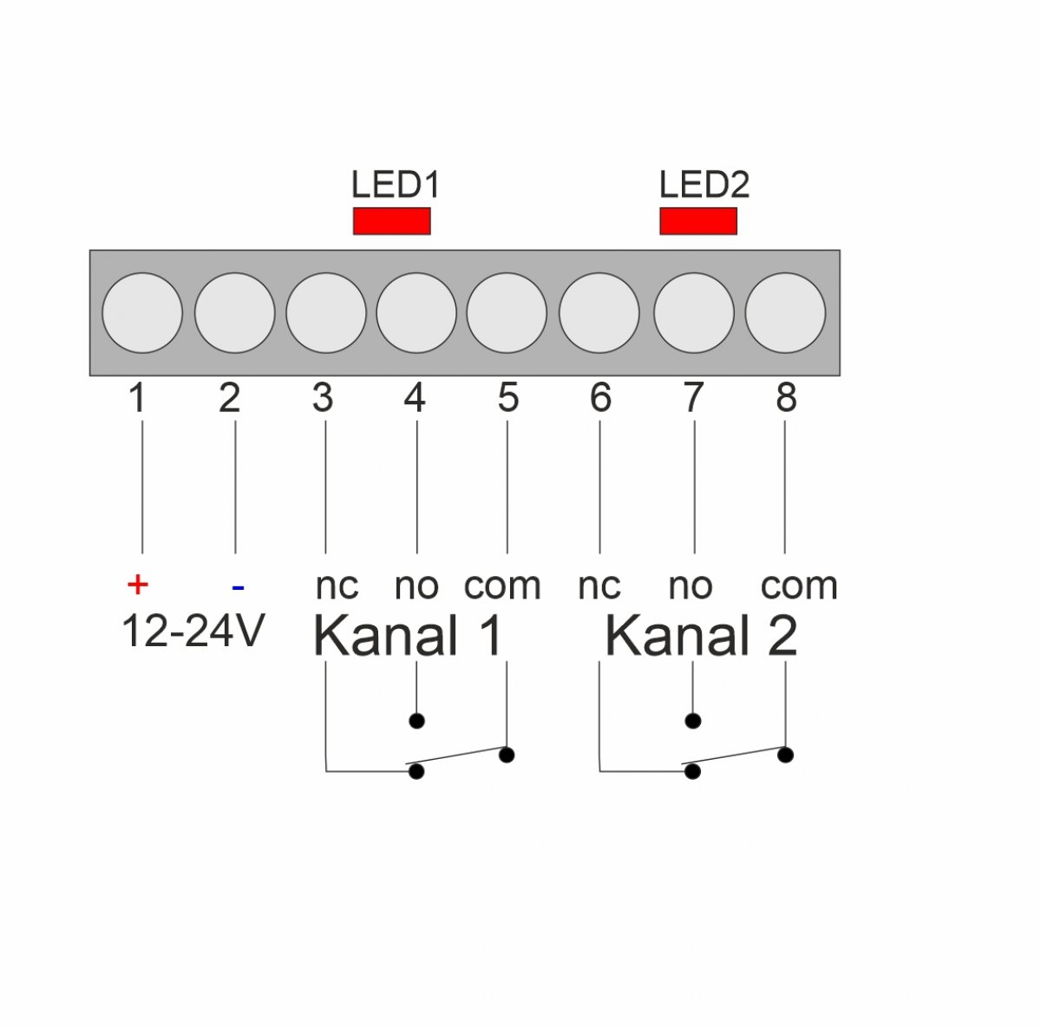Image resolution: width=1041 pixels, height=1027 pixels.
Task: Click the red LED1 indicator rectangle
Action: pyautogui.click(x=391, y=221)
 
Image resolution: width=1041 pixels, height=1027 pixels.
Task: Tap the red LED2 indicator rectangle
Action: pyautogui.click(x=698, y=221)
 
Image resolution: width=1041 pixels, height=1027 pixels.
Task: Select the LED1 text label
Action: pyautogui.click(x=396, y=185)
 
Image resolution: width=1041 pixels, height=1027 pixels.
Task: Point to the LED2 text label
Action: pyautogui.click(x=704, y=185)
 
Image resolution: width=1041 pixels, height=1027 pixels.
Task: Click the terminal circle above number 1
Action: pyautogui.click(x=142, y=313)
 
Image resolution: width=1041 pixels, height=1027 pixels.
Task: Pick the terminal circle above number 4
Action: pyautogui.click(x=416, y=313)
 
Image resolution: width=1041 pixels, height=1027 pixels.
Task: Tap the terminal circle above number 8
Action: pyautogui.click(x=785, y=313)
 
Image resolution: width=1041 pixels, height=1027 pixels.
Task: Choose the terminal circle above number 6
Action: pyautogui.click(x=599, y=313)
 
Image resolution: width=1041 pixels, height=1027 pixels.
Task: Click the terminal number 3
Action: pyautogui.click(x=323, y=397)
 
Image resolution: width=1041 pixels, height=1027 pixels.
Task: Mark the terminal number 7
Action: pyautogui.click(x=694, y=397)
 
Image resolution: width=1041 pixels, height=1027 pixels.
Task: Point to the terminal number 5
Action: pyautogui.click(x=507, y=397)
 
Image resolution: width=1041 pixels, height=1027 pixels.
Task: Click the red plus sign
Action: pyautogui.click(x=137, y=584)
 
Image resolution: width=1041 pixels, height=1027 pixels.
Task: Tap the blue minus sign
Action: pyautogui.click(x=238, y=586)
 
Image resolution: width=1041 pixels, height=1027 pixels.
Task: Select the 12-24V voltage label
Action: pyautogui.click(x=193, y=631)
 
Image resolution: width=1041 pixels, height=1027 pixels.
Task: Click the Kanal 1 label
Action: pyautogui.click(x=408, y=636)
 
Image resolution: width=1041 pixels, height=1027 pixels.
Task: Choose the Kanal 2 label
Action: pyautogui.click(x=701, y=636)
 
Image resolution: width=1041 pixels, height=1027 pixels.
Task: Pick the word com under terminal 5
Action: pyautogui.click(x=502, y=586)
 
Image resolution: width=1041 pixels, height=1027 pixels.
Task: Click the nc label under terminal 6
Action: pyautogui.click(x=599, y=586)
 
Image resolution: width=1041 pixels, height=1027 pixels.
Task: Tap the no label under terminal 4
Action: pyautogui.click(x=416, y=586)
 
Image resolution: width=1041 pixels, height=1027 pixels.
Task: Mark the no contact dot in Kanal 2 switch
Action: pyautogui.click(x=692, y=721)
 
